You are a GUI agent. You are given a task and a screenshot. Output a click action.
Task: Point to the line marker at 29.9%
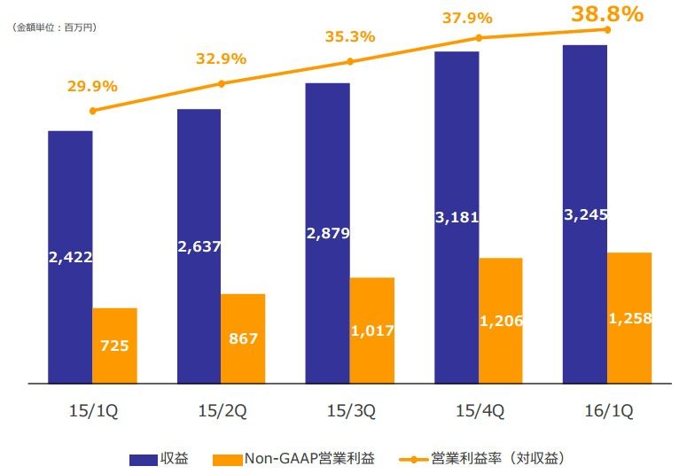coord(93,111)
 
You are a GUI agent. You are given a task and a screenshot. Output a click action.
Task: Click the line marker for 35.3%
coord(350,61)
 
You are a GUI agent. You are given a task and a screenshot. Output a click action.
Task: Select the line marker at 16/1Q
coord(607,29)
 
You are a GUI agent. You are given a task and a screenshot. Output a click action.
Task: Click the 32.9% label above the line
coord(221,59)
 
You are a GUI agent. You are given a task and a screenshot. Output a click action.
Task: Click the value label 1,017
coord(372,330)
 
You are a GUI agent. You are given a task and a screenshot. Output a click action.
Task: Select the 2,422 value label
coord(70,257)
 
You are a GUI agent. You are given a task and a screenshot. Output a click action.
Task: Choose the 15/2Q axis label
coord(221,411)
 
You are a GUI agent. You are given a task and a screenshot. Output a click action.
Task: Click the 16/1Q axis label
coord(607,411)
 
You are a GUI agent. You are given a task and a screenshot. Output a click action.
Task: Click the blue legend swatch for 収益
coord(143,459)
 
